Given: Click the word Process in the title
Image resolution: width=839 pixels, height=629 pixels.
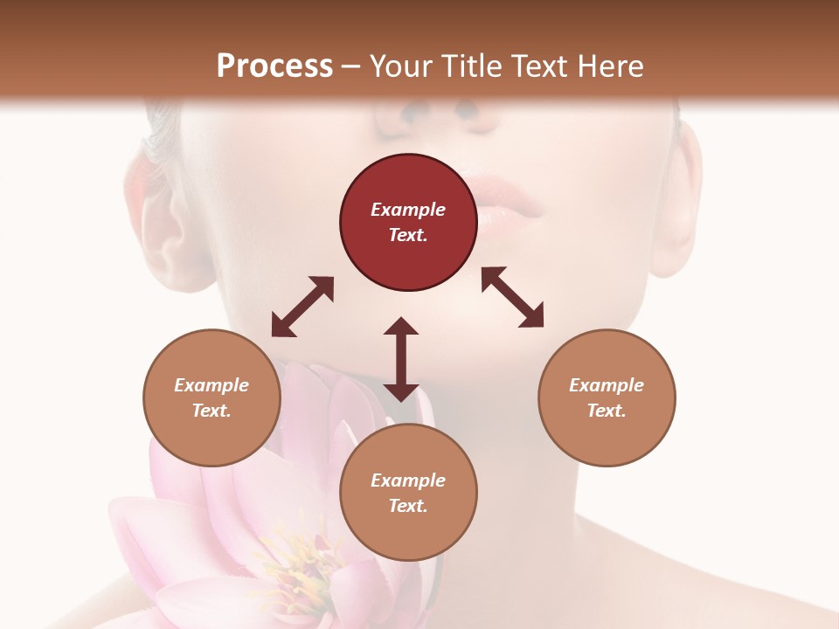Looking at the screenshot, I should [274, 66].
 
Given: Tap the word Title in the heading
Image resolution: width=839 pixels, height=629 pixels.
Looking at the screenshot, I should [466, 66].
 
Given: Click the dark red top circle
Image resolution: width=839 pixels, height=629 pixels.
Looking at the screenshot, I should [408, 223].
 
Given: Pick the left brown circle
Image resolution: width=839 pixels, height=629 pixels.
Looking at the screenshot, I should [211, 397].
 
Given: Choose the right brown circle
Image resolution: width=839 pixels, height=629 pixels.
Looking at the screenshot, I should [607, 397].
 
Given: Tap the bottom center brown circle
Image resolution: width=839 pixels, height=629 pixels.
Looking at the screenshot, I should [408, 493].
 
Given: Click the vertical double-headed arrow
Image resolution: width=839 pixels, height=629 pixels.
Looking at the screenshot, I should [401, 359].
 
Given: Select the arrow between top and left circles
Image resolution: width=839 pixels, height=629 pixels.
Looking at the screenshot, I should [302, 307].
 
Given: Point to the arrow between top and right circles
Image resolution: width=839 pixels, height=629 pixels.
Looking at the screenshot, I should [512, 297].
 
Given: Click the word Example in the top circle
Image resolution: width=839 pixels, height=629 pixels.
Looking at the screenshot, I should [408, 210].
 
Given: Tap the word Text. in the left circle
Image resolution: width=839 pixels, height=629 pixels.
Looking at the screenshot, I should [211, 411].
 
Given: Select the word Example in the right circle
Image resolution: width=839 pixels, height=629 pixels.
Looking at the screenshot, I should [607, 385].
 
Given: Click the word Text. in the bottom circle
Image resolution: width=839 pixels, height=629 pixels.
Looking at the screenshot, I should [408, 506].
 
